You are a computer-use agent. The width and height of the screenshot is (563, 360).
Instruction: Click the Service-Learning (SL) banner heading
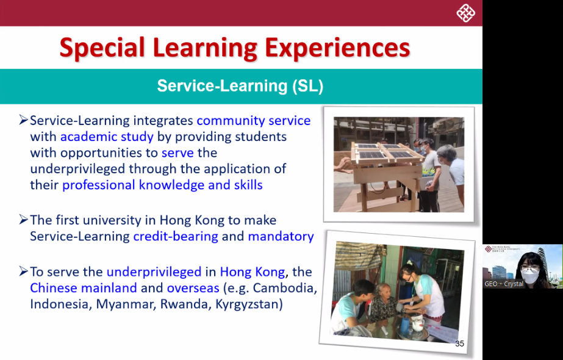tap(240, 86)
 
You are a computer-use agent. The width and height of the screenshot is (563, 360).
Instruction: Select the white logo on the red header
tap(465, 13)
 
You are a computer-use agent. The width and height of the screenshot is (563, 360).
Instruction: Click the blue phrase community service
tap(254, 120)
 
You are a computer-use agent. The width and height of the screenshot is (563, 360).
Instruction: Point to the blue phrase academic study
tap(107, 137)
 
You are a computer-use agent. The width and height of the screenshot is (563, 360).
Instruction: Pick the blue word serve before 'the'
tap(178, 153)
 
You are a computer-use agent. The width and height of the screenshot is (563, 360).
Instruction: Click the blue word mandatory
tap(281, 236)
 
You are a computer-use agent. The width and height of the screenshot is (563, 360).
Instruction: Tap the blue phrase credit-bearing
tap(176, 236)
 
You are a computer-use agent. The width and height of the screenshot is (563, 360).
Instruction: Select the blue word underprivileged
tap(154, 272)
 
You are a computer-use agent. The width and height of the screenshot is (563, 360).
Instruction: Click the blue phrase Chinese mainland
tap(84, 288)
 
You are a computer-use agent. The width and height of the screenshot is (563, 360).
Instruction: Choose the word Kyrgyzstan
tap(249, 304)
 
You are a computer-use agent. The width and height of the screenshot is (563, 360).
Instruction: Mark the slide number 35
tap(459, 344)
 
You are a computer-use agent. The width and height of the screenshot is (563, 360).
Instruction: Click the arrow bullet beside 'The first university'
tap(23, 219)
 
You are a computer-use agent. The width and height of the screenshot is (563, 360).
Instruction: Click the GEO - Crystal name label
tap(503, 284)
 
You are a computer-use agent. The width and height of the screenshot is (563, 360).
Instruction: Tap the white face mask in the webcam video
tap(529, 275)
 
